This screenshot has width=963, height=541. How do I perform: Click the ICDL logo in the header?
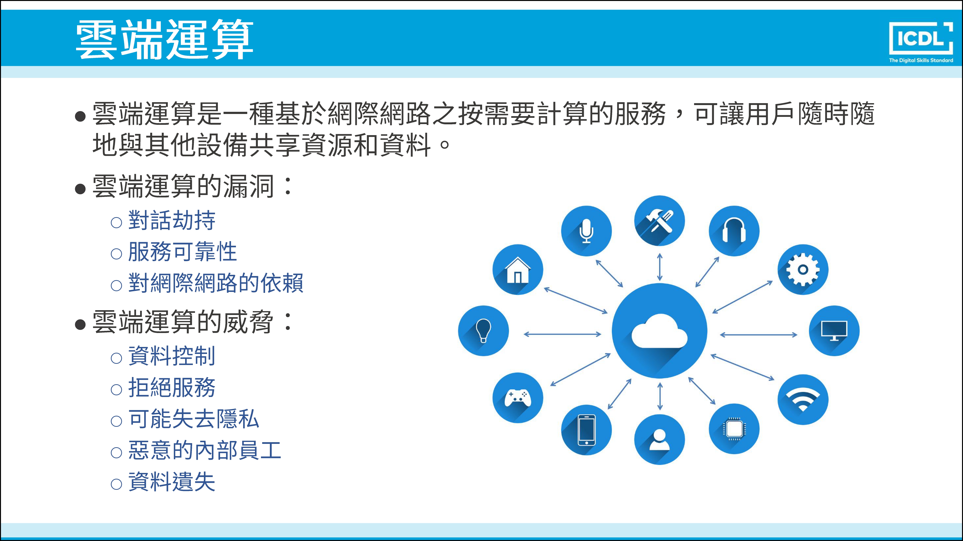pyautogui.click(x=921, y=42)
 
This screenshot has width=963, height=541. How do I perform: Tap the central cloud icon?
pyautogui.click(x=659, y=331)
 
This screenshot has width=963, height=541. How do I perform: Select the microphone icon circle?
pyautogui.click(x=586, y=231)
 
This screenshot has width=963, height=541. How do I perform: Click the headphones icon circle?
pyautogui.click(x=734, y=231)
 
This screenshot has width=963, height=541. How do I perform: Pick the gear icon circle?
pyautogui.click(x=803, y=270)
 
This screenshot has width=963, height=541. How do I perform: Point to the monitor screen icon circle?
pyautogui.click(x=834, y=331)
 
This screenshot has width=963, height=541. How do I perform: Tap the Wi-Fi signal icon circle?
pyautogui.click(x=803, y=399)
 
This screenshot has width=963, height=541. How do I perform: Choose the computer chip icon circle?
pyautogui.click(x=734, y=429)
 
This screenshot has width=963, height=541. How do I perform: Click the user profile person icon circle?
pyautogui.click(x=659, y=440)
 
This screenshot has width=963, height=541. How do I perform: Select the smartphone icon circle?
pyautogui.click(x=586, y=430)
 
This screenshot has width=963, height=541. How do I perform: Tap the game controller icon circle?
pyautogui.click(x=518, y=398)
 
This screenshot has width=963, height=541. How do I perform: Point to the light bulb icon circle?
pyautogui.click(x=483, y=331)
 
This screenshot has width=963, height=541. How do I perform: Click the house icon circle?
pyautogui.click(x=518, y=270)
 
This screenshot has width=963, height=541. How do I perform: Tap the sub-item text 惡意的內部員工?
pyautogui.click(x=204, y=450)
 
